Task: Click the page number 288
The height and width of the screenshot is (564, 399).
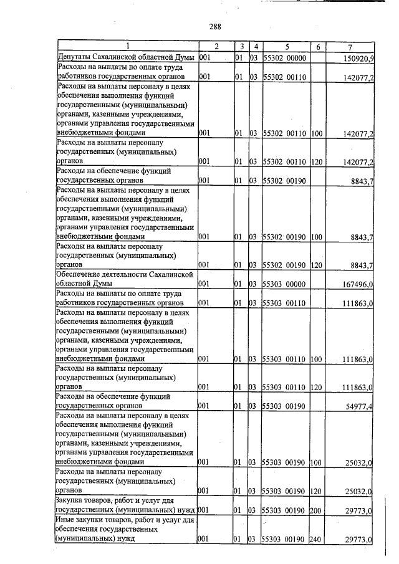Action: click(x=216, y=26)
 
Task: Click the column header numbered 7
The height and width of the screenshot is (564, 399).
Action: click(x=351, y=47)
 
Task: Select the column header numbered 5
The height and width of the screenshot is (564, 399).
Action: click(x=287, y=47)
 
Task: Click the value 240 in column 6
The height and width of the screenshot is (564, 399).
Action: click(x=315, y=539)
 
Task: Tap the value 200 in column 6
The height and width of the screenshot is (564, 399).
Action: click(x=315, y=510)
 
